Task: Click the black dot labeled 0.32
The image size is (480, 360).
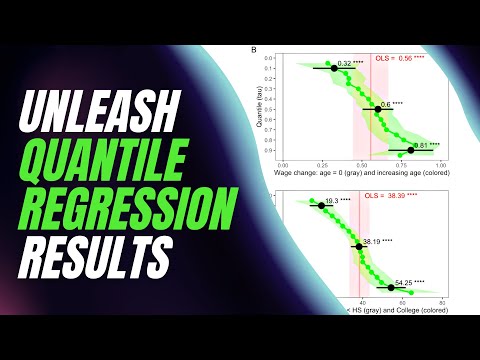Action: tap(334, 68)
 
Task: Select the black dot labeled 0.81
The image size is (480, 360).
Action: tap(411, 150)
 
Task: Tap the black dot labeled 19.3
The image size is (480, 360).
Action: tap(322, 205)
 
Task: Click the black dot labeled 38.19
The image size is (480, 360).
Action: tap(359, 246)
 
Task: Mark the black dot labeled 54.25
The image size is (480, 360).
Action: tap(391, 288)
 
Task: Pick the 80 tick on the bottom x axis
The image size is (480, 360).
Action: tap(441, 301)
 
